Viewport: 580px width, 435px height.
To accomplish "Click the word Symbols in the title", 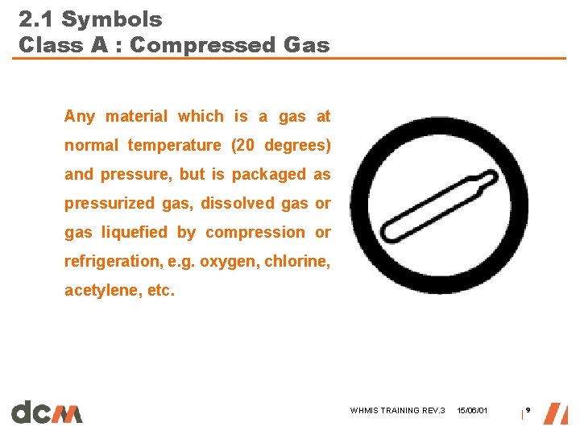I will (112, 19).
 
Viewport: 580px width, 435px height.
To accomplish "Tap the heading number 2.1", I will (36, 19).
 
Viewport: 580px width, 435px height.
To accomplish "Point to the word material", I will (135, 117).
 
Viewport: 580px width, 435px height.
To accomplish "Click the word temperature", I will (174, 146).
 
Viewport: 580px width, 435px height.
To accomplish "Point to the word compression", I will (255, 233).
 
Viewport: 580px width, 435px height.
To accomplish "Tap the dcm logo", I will (47, 412).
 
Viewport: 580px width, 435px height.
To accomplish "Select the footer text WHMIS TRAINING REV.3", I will (397, 411).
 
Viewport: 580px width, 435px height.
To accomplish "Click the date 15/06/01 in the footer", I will (471, 411).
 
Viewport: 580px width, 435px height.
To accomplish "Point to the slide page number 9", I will (528, 410).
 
